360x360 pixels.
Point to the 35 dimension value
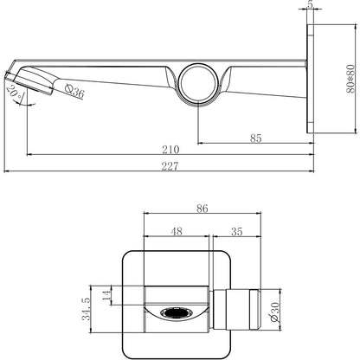click(x=237, y=232)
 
